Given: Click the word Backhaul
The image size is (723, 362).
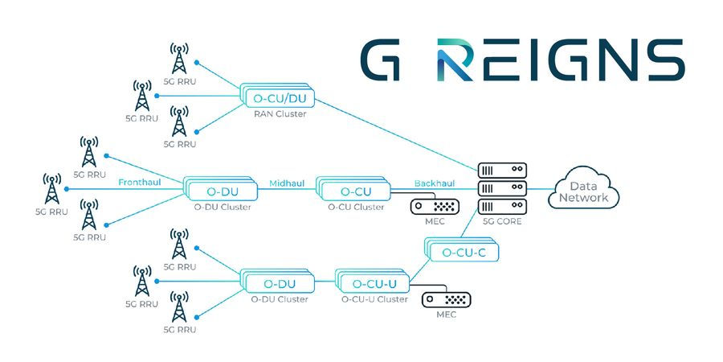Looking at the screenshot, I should coord(435,183).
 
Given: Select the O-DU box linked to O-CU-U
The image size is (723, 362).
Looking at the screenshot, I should coord(278,284).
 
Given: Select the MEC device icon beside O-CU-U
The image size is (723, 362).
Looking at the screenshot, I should coord(447,299).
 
